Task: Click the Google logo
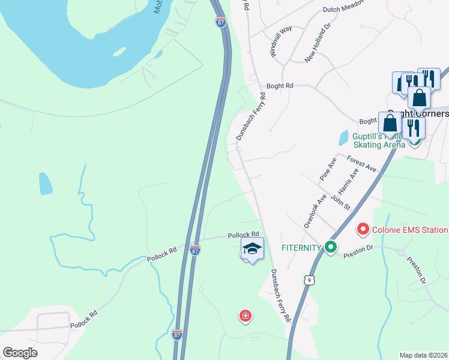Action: coord(20,353)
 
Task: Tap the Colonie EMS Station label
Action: coord(410,230)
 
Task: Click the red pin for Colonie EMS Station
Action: coord(363,229)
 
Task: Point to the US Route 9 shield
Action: coord(309,280)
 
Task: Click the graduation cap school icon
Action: coord(252,249)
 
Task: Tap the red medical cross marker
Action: coord(245,316)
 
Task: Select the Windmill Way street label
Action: coord(281,41)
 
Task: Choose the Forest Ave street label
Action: coord(361,163)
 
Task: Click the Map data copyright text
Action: coord(423,355)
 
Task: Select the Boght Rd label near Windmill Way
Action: coord(280,86)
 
